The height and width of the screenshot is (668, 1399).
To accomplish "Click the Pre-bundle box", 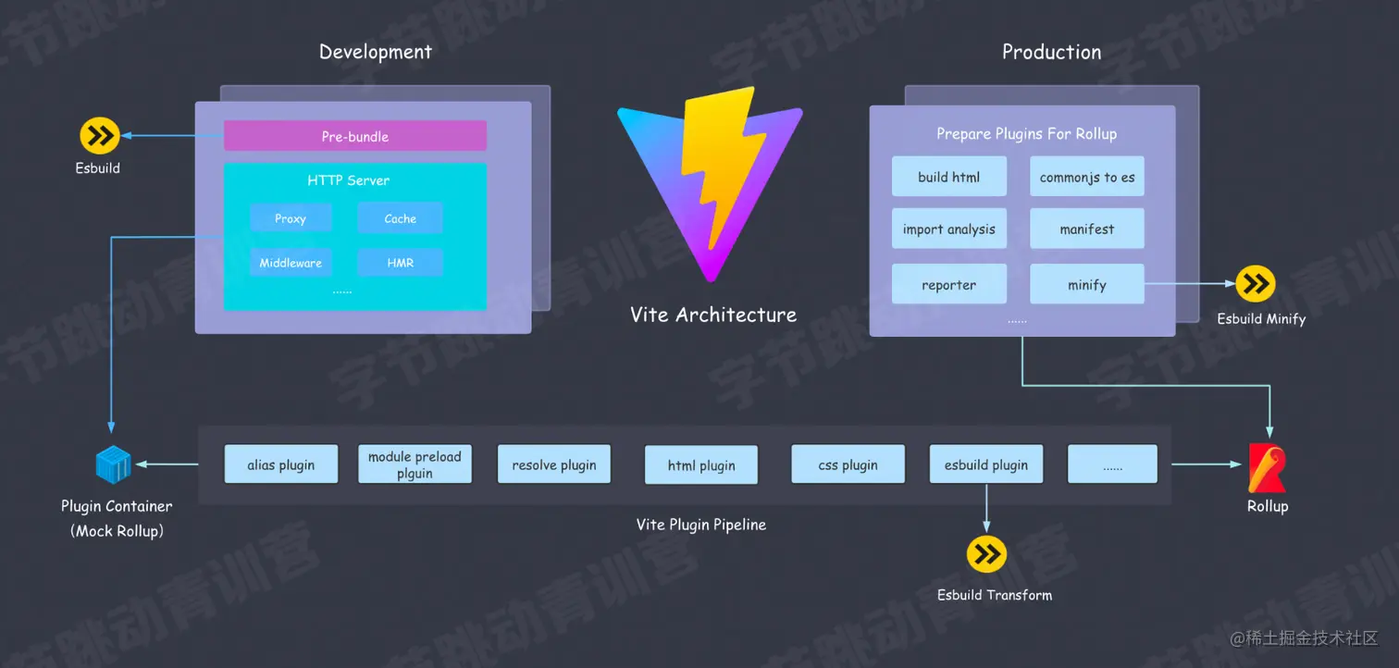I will [x=355, y=136].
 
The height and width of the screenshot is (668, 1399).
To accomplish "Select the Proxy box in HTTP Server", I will [x=291, y=218].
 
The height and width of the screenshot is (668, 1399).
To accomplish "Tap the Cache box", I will [x=400, y=218].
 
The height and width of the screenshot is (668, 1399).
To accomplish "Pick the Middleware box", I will [x=291, y=263].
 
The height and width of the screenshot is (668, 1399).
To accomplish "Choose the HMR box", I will [x=400, y=263].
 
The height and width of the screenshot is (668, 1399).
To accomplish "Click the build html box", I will [x=948, y=177].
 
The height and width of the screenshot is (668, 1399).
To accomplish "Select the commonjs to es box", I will [x=1086, y=177].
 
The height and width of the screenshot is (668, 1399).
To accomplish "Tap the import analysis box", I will [x=948, y=229].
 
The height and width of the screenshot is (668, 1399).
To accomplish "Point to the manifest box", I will [x=1086, y=229].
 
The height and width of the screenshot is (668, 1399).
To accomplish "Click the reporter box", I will [x=948, y=285].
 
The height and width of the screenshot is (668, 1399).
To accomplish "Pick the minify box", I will [x=1086, y=285].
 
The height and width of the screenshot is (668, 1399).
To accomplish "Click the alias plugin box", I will [x=280, y=464].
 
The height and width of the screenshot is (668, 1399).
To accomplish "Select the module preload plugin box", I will [x=415, y=464].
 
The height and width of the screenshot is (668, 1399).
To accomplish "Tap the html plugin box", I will [x=701, y=465].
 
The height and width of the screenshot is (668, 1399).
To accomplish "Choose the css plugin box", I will [x=848, y=464].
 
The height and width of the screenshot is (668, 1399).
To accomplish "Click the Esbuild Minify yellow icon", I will [x=1256, y=284].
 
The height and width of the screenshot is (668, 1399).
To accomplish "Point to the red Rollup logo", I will [x=1266, y=468].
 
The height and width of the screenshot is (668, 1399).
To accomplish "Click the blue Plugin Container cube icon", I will [x=114, y=464].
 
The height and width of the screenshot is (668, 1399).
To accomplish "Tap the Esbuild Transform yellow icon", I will [x=986, y=554].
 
